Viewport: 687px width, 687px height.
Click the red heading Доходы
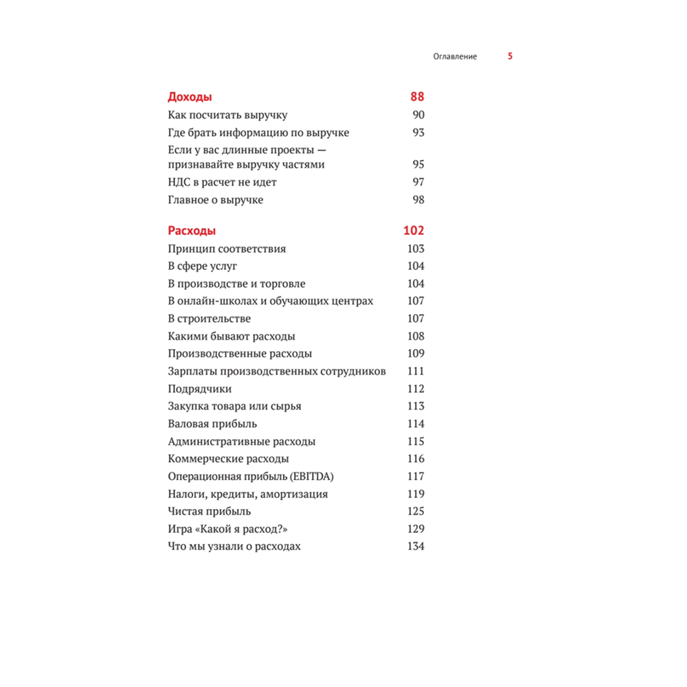[x=190, y=97]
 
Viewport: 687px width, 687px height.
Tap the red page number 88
[x=417, y=97]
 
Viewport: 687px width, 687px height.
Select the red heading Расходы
[x=192, y=231]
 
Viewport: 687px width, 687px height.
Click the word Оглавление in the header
[x=455, y=56]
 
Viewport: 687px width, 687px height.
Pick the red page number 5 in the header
[x=510, y=56]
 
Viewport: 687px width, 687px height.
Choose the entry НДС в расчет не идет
[x=222, y=182]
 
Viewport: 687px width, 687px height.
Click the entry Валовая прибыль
[x=212, y=424]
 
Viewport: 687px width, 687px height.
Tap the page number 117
[x=416, y=476]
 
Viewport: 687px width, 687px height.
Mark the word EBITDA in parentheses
[x=321, y=476]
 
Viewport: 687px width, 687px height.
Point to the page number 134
[x=416, y=546]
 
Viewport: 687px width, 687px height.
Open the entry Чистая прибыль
[x=210, y=511]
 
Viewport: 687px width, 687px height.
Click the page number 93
[x=418, y=133]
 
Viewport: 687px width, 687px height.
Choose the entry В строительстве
[x=210, y=319]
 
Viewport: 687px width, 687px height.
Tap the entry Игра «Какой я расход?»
[x=227, y=529]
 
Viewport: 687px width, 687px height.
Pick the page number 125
[x=416, y=511]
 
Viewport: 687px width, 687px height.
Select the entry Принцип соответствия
[x=227, y=249]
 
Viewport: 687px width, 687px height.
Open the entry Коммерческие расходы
[x=228, y=459]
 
